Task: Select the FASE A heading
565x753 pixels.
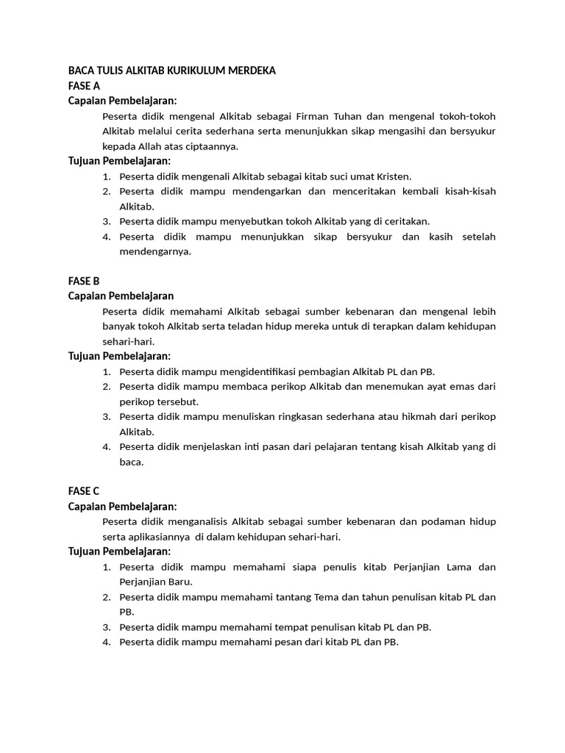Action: tap(83, 86)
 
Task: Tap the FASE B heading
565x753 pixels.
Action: tap(83, 281)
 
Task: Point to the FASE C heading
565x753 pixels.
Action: tap(83, 491)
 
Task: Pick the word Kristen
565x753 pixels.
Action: tap(393, 176)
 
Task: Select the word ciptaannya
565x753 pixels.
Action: tap(213, 146)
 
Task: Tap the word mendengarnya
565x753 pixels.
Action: tap(155, 251)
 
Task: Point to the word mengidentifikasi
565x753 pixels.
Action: tap(282, 371)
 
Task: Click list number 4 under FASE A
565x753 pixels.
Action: tap(106, 236)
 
